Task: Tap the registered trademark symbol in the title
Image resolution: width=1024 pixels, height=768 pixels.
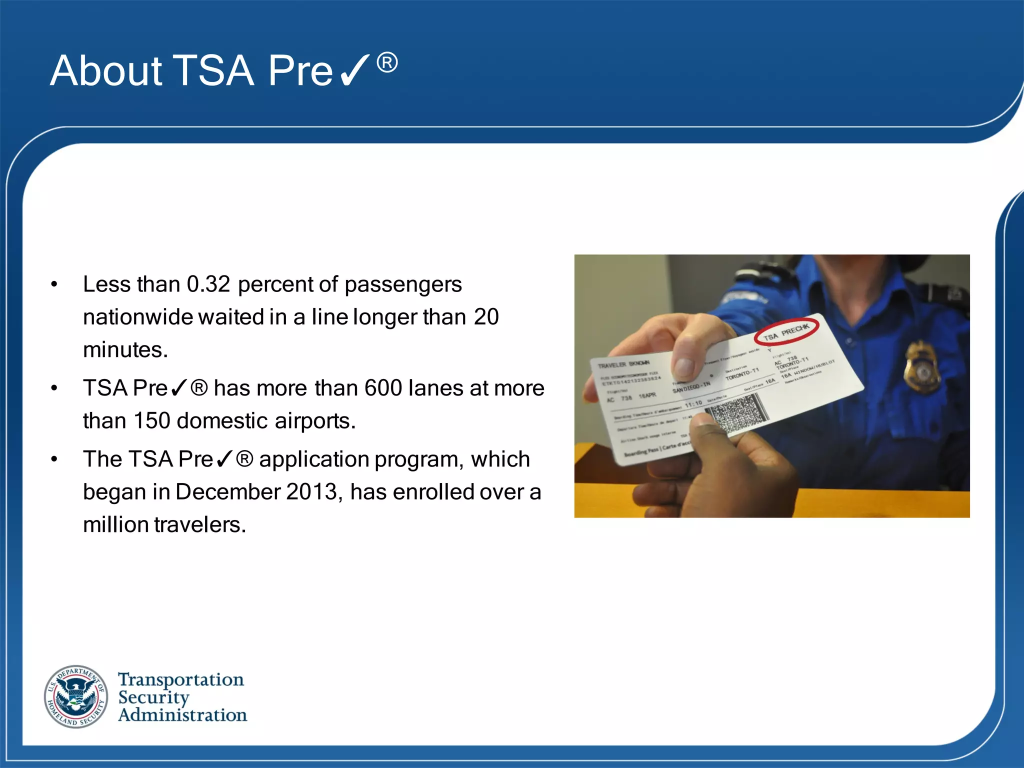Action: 387,63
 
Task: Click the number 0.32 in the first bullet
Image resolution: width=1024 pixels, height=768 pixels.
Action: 208,284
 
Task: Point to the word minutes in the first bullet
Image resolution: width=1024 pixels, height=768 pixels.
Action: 125,349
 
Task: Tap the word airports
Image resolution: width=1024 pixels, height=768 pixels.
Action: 315,421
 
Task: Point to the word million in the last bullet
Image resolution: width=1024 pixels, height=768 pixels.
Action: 116,525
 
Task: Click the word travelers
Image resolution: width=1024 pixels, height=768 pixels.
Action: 200,525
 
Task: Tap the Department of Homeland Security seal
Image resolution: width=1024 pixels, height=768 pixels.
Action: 76,696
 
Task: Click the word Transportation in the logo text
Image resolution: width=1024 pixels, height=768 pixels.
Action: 181,679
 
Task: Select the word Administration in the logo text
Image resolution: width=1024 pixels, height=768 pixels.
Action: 182,715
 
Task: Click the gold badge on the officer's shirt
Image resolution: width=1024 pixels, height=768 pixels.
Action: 921,367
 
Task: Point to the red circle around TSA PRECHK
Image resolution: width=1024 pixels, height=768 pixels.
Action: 787,330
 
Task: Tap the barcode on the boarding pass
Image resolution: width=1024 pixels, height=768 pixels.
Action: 734,414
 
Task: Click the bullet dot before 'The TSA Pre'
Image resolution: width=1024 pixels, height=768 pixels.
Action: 54,459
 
